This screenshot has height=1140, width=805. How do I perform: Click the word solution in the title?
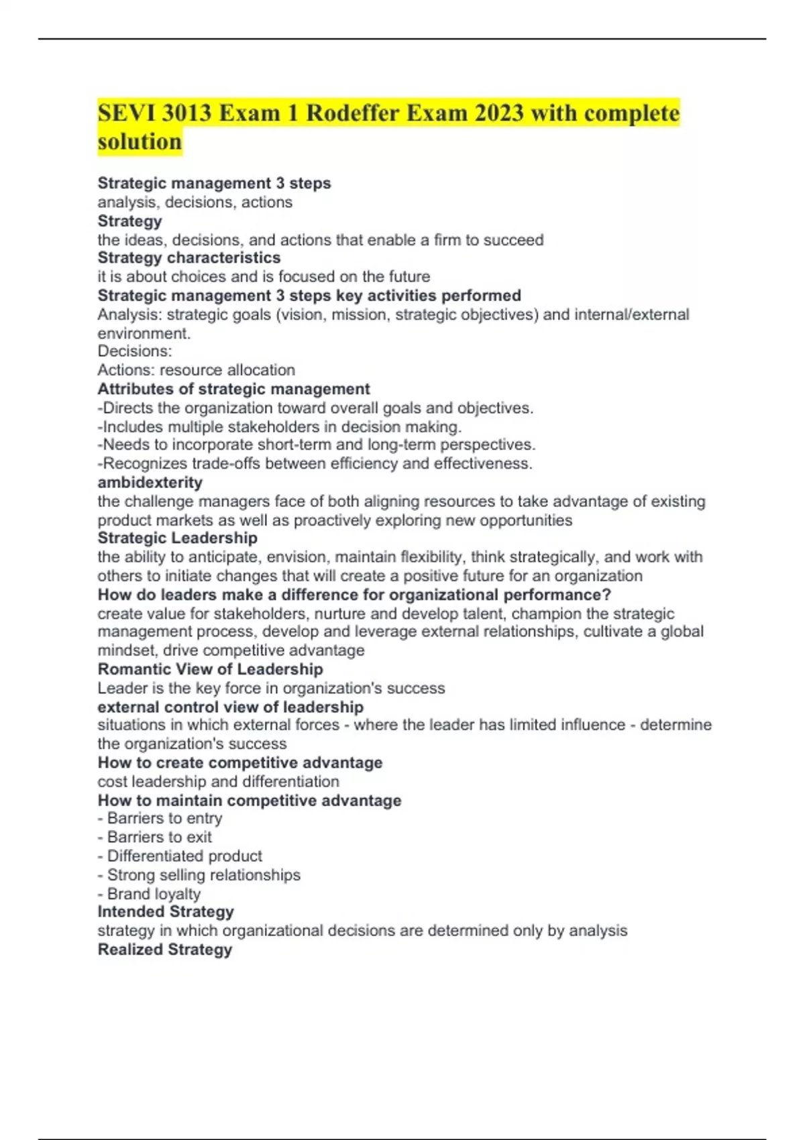click(x=140, y=142)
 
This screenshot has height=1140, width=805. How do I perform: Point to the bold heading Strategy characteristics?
click(x=189, y=258)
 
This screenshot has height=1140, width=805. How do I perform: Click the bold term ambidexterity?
click(x=150, y=483)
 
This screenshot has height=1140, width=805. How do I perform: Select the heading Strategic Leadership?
click(x=177, y=538)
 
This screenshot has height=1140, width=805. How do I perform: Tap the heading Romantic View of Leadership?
click(x=210, y=669)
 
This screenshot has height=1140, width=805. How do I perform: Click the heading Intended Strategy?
click(x=166, y=912)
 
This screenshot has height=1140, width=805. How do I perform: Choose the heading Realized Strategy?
click(x=164, y=950)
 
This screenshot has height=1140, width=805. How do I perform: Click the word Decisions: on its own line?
click(x=135, y=351)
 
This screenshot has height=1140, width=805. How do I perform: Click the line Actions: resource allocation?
click(x=196, y=370)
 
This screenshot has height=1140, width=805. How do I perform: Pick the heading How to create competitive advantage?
click(x=239, y=763)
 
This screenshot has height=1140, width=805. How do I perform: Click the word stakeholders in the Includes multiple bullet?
click(x=283, y=427)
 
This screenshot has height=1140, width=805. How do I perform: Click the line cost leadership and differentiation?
click(x=218, y=782)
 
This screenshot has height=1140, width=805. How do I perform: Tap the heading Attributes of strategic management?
click(x=233, y=390)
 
